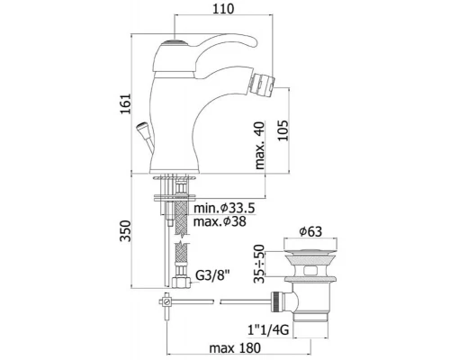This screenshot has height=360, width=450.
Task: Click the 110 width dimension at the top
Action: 223,9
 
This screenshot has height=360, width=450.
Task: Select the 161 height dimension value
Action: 126,103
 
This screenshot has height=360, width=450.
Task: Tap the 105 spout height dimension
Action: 283,130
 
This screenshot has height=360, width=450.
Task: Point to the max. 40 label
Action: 260,145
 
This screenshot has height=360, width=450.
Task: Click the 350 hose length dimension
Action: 125,230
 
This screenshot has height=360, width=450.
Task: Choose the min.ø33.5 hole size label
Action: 224,208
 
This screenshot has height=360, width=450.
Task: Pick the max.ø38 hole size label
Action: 220,221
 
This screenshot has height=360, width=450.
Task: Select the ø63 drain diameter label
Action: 310,231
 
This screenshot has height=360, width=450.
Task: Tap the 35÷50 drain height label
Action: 259,264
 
